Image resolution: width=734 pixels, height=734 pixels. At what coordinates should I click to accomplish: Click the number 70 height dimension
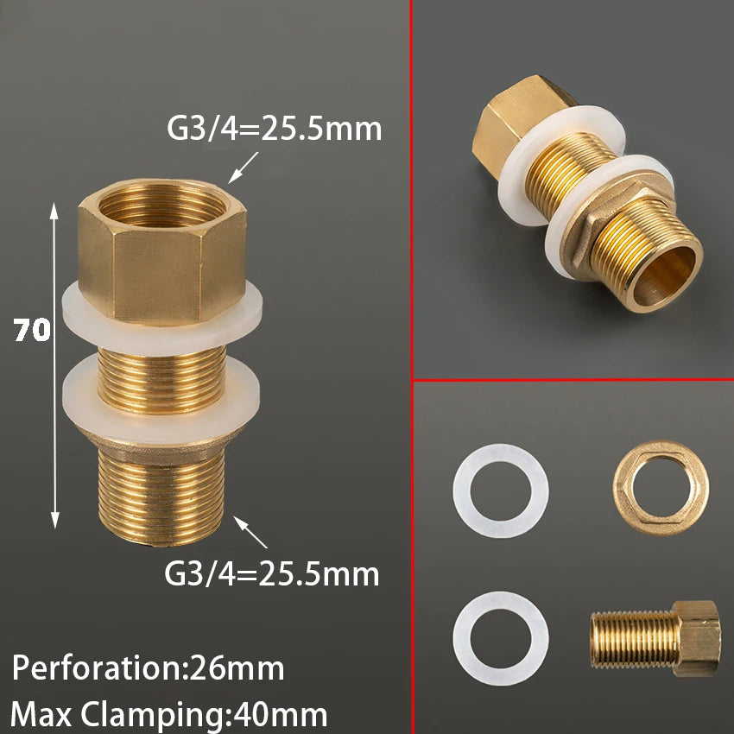point(32,330)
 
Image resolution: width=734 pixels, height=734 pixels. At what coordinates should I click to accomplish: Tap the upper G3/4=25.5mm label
point(275,129)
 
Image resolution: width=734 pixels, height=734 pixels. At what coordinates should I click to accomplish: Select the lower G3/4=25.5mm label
point(271,573)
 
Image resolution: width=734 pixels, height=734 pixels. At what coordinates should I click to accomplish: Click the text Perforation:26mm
point(148,668)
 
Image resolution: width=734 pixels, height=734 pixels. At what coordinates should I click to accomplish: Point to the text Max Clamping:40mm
point(168,714)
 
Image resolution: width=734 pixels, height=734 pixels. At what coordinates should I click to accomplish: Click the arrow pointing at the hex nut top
point(243,168)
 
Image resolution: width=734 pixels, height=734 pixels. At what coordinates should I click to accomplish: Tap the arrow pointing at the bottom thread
point(250,532)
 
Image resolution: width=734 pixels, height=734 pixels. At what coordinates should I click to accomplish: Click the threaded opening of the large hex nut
point(163,205)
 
